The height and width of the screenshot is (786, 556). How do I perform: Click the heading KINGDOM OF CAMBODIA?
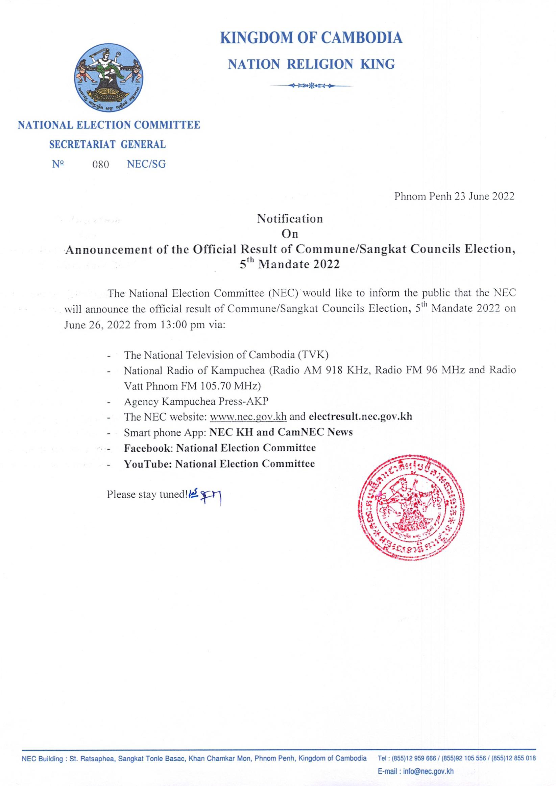coord(311,38)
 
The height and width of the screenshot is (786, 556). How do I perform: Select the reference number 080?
coord(101,165)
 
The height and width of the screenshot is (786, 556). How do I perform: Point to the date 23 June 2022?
coord(484,196)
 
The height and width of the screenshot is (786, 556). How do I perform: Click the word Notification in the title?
coord(290,218)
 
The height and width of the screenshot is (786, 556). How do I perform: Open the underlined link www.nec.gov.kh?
coord(248,417)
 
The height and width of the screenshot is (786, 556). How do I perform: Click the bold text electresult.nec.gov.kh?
coord(360,417)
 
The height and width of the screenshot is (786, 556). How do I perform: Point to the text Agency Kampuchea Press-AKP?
coord(196,401)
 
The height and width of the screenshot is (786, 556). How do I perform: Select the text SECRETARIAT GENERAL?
coord(107,145)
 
